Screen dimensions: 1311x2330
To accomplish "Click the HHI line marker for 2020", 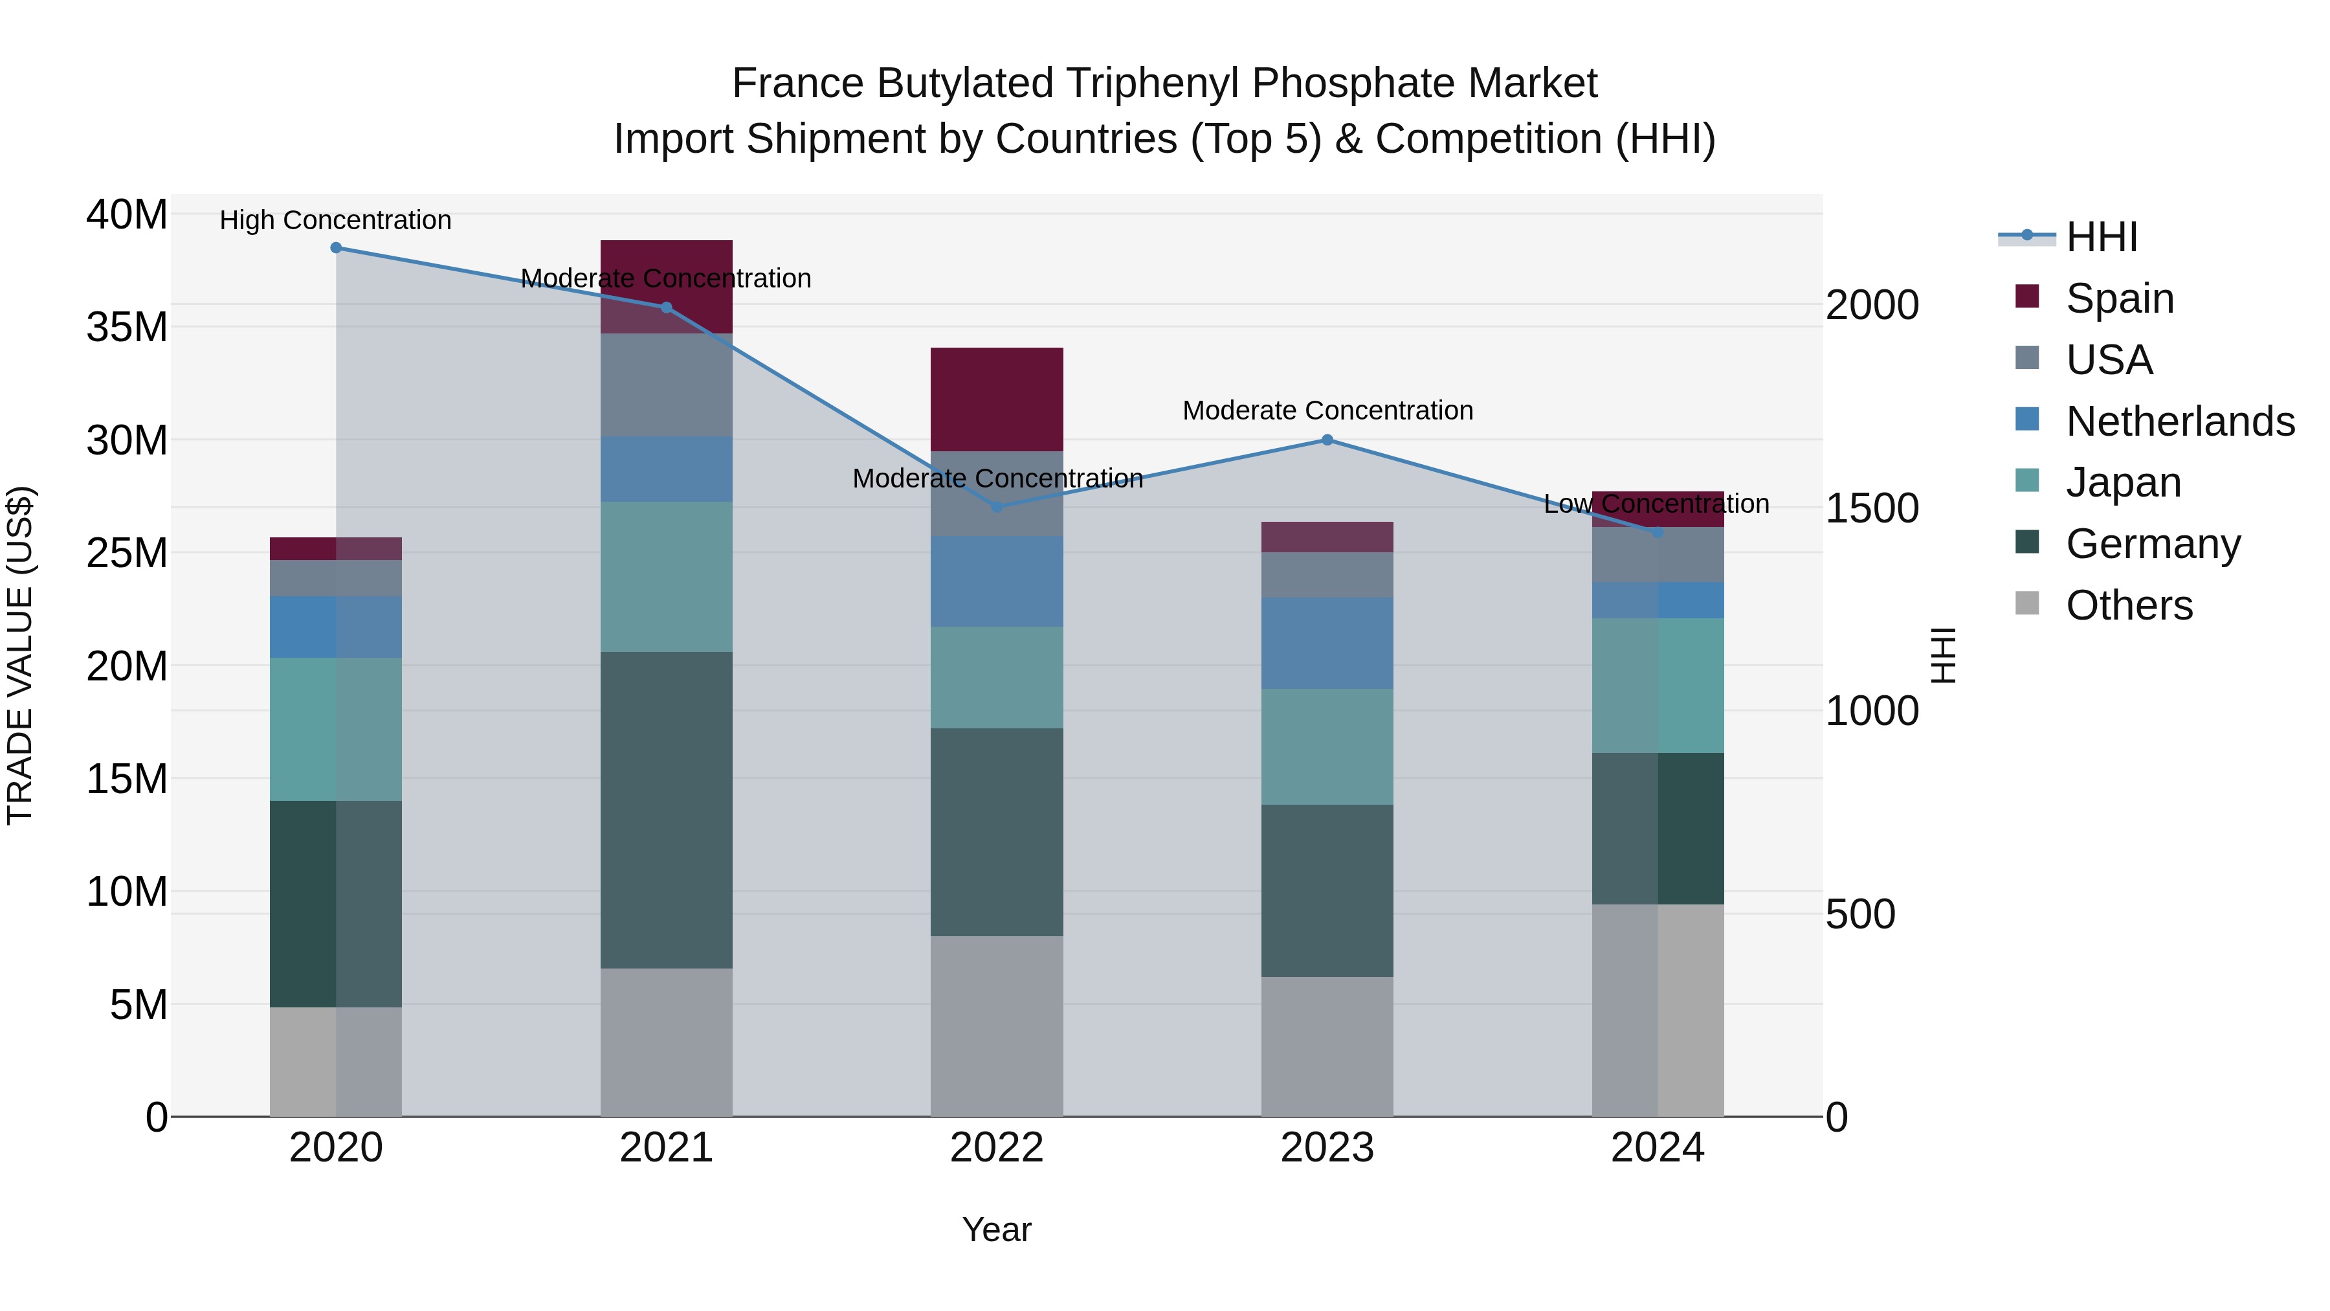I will point(335,248).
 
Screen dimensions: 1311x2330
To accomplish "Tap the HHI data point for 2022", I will point(997,507).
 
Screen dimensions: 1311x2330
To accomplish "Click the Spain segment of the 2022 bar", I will point(997,399).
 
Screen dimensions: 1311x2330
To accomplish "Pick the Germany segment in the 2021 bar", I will point(667,810).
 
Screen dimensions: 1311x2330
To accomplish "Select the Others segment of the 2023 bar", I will point(1327,1047).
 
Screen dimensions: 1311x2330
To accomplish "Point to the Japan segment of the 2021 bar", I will point(667,576).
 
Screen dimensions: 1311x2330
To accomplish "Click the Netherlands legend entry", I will point(2180,421).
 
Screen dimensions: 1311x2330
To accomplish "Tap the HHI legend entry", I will point(2101,237).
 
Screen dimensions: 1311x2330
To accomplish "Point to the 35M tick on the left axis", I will point(128,328).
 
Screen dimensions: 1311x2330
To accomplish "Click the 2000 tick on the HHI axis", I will point(1871,305).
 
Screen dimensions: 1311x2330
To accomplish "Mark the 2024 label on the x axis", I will point(1657,1148).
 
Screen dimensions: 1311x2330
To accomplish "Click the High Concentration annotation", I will point(335,221).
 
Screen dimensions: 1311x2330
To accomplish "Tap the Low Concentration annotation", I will point(1656,504).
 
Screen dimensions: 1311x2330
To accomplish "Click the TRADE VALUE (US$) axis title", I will point(20,655).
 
